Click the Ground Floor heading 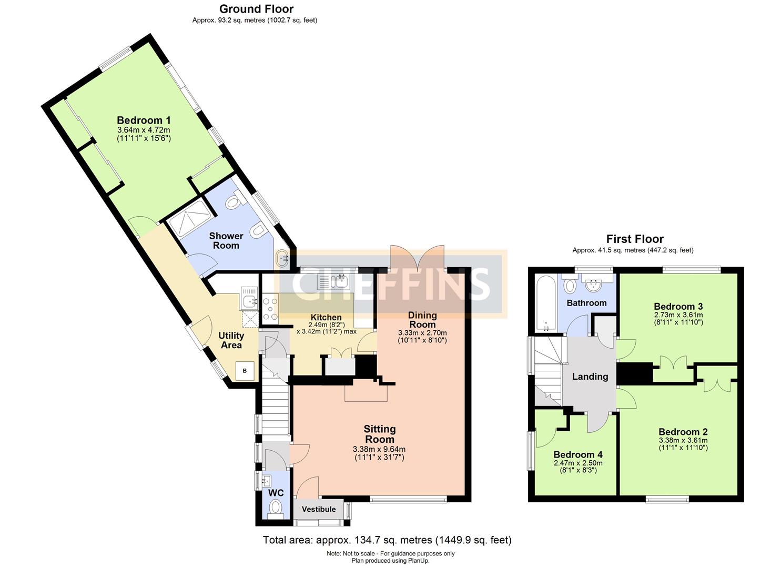(x=256, y=9)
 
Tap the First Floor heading (x=635, y=239)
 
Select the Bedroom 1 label (x=144, y=120)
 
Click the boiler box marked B (x=245, y=371)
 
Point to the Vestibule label (x=319, y=509)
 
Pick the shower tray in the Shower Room (x=189, y=217)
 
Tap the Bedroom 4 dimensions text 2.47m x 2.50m (x=578, y=463)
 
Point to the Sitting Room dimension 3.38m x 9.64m (x=379, y=450)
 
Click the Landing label (x=590, y=377)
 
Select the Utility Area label (x=231, y=340)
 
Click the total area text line (x=387, y=540)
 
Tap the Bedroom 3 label (x=678, y=307)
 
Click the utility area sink (x=249, y=301)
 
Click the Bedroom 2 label (x=683, y=432)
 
